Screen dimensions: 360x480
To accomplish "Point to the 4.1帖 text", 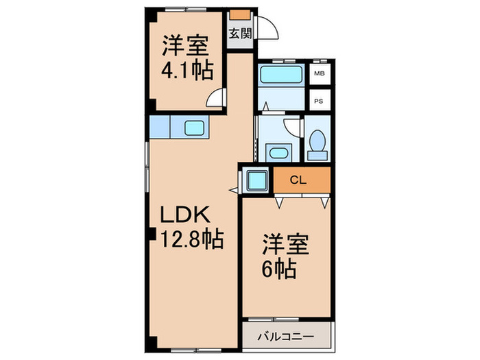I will click(187, 69).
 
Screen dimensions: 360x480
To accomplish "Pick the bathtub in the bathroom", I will click(281, 75).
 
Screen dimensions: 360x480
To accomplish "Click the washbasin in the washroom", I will click(278, 152).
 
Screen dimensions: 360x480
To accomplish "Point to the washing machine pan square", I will click(259, 180).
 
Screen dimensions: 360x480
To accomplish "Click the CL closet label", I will click(297, 180).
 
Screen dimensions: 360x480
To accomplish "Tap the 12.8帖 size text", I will click(191, 239).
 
